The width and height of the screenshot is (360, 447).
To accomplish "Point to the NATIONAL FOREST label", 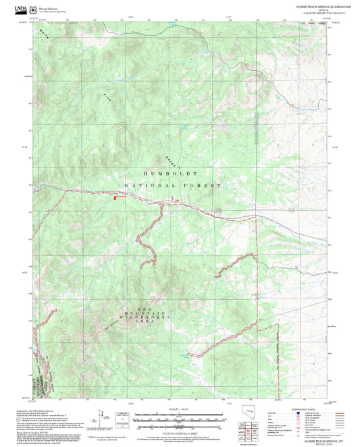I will click(x=172, y=184).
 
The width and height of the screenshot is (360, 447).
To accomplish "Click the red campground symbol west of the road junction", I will click(x=115, y=198).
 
